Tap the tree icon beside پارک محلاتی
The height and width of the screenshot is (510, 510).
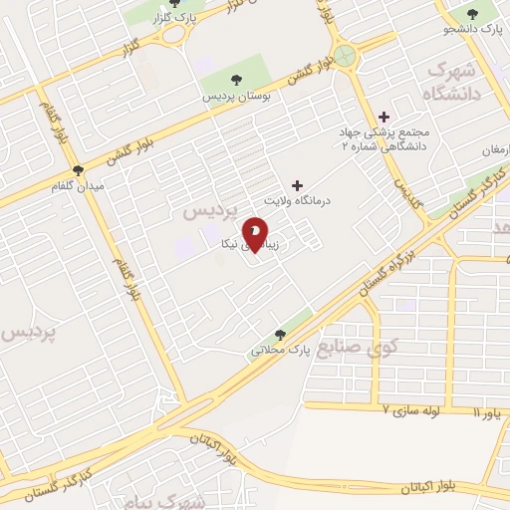(x=280, y=334)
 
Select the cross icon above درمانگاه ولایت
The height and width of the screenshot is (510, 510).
(x=296, y=185)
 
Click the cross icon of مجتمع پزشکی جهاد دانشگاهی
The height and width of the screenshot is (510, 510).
(x=384, y=117)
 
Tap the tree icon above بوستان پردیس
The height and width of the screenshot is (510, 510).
(x=236, y=80)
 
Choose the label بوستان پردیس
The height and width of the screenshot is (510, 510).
(x=237, y=96)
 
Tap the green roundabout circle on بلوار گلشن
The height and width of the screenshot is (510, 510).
(x=346, y=55)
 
